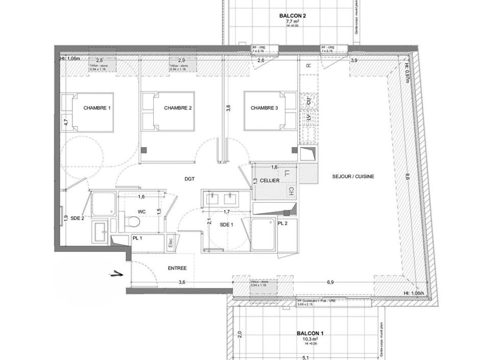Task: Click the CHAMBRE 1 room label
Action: (97, 108)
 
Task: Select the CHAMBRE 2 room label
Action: (178, 108)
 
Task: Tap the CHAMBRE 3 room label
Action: (264, 108)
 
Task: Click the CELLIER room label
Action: (269, 181)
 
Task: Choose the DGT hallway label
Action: (190, 179)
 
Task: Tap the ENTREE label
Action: (177, 268)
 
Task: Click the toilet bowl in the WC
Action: (133, 222)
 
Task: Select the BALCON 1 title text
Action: (310, 333)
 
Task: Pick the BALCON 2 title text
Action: (293, 16)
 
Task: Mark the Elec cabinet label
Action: (171, 244)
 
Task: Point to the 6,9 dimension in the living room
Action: (330, 282)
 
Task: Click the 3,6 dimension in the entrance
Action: (182, 282)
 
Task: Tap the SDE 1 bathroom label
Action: (226, 225)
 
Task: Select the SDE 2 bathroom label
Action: (77, 218)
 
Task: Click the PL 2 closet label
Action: (282, 224)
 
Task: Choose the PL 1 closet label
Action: (137, 238)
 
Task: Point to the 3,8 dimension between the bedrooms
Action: (228, 108)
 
